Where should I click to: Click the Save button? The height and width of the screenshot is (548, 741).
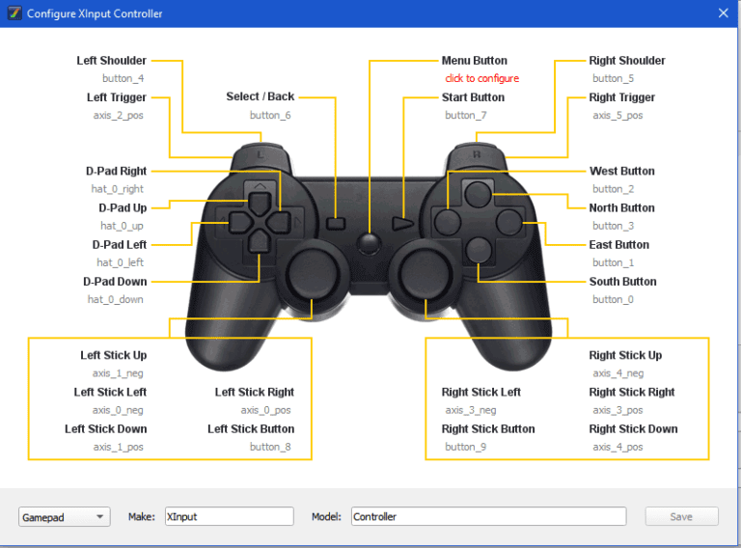[x=681, y=516]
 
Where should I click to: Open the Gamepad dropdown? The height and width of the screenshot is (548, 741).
[x=64, y=517]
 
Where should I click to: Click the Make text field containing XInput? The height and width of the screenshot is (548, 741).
[x=229, y=516]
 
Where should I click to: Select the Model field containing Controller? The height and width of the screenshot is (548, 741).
[x=488, y=516]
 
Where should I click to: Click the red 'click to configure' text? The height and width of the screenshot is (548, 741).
[x=481, y=78]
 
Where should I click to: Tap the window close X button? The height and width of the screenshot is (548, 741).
[x=724, y=14]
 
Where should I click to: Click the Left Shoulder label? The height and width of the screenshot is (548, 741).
[x=112, y=61]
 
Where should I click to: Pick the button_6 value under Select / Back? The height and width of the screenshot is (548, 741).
[x=270, y=116]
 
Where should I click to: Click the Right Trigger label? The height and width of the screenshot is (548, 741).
[x=622, y=97]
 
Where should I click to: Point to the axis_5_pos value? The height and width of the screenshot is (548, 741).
[x=617, y=116]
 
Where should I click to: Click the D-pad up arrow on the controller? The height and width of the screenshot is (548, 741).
[x=260, y=202]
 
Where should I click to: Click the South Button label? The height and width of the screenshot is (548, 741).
[x=623, y=282]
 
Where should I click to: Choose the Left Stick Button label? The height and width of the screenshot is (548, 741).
[x=251, y=429]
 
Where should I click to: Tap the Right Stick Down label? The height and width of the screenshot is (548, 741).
[x=633, y=429]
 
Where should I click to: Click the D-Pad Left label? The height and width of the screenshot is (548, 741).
[x=120, y=245]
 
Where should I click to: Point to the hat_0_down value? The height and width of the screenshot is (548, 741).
[x=116, y=300]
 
